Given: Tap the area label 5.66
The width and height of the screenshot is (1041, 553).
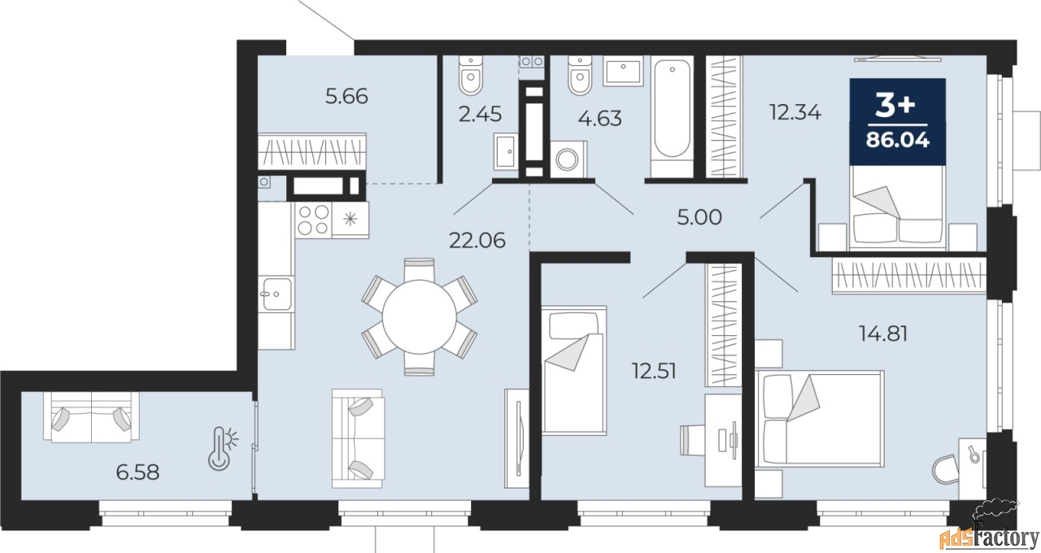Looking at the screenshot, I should pyautogui.click(x=346, y=96).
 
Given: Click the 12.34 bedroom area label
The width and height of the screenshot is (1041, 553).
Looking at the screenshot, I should pyautogui.click(x=795, y=111).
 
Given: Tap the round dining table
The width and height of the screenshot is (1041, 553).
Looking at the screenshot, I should pyautogui.click(x=420, y=316).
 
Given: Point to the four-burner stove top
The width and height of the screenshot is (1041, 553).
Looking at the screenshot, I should pyautogui.click(x=313, y=219).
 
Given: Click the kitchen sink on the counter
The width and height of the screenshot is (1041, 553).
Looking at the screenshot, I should pyautogui.click(x=275, y=291).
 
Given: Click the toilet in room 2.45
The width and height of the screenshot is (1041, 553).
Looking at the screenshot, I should pyautogui.click(x=471, y=75).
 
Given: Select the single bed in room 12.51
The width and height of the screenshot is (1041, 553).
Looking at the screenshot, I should pyautogui.click(x=574, y=370).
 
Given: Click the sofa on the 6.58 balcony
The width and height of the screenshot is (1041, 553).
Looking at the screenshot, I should pyautogui.click(x=91, y=416).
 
